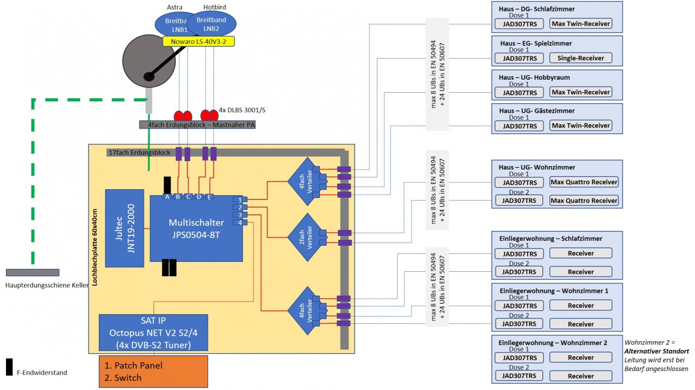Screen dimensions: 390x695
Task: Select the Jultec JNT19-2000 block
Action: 124,228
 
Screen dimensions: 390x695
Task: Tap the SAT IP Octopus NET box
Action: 153,332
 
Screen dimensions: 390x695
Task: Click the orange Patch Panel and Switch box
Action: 153,372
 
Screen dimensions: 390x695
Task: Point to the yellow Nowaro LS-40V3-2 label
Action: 198,41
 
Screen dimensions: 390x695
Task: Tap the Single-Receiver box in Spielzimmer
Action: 580,58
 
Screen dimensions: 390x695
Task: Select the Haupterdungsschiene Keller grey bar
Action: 33,272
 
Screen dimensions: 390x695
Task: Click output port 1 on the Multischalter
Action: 239,200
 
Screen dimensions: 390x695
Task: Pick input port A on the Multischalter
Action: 167,196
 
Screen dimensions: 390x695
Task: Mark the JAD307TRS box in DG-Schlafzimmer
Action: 519,24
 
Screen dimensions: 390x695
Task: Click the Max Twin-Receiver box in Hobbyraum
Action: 580,92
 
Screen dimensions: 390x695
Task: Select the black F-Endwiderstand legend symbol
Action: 9,367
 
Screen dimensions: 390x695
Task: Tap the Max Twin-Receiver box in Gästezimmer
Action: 580,125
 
